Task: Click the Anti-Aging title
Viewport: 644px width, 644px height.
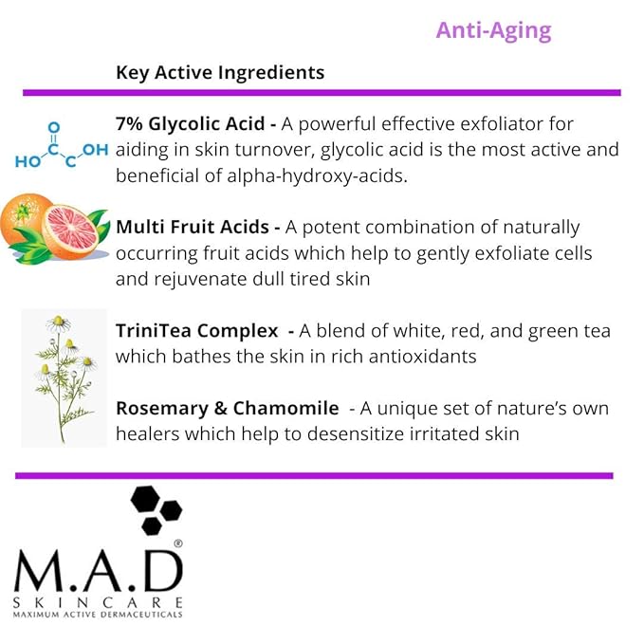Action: coord(493,30)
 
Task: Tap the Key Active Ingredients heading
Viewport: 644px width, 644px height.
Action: coord(220,72)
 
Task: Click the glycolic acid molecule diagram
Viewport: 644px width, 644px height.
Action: coord(62,146)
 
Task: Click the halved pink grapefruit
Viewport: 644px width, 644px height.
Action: coord(75,230)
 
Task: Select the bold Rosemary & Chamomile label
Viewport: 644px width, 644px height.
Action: coord(228,408)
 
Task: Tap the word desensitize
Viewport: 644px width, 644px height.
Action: coord(363,433)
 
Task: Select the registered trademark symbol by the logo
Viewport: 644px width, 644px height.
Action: coord(177,544)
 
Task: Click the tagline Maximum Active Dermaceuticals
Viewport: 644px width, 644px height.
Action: coord(98,615)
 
